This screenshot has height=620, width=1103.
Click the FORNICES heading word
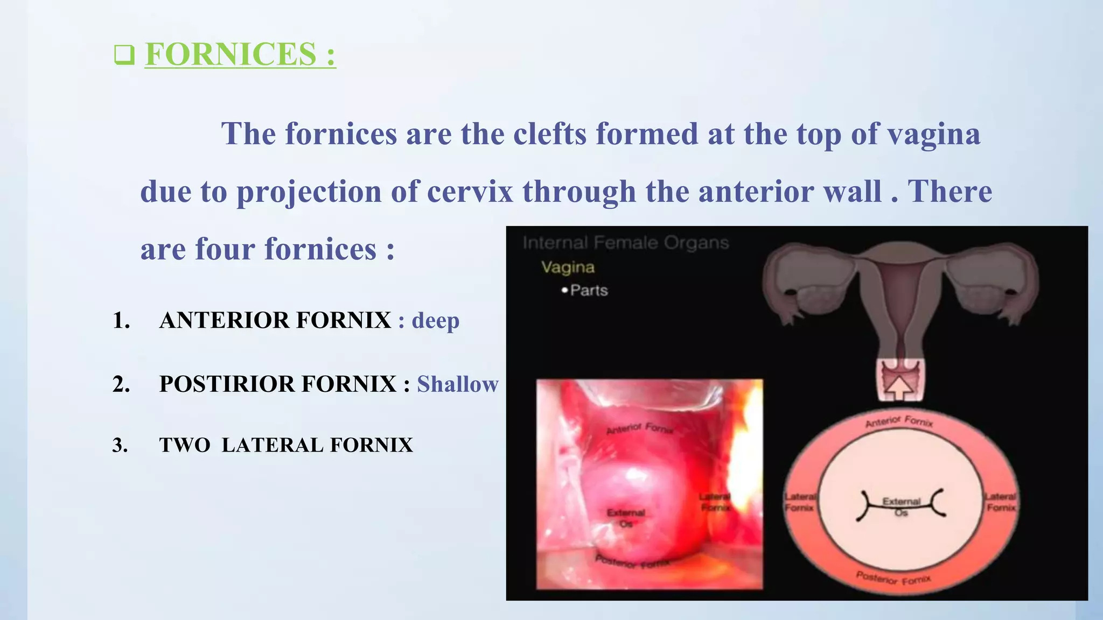pos(231,54)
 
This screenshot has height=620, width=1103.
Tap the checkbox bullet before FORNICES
pos(124,55)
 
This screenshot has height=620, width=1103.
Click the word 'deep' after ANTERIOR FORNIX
pos(435,321)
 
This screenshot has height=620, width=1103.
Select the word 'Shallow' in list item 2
pos(458,384)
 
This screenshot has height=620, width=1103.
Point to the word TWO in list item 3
pos(185,446)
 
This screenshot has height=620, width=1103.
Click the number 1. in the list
pos(121,321)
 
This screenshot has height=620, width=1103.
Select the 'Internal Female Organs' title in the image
pos(625,243)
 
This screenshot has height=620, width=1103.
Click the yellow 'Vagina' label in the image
pos(568,267)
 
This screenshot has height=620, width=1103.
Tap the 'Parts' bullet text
pos(589,291)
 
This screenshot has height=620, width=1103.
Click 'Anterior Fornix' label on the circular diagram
pos(899,421)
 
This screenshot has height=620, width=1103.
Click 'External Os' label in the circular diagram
pos(901,506)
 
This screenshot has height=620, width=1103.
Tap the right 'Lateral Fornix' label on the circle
pos(1001,502)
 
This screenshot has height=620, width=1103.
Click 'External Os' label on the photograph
pos(626,518)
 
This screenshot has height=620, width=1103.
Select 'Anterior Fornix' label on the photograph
pos(640,428)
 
